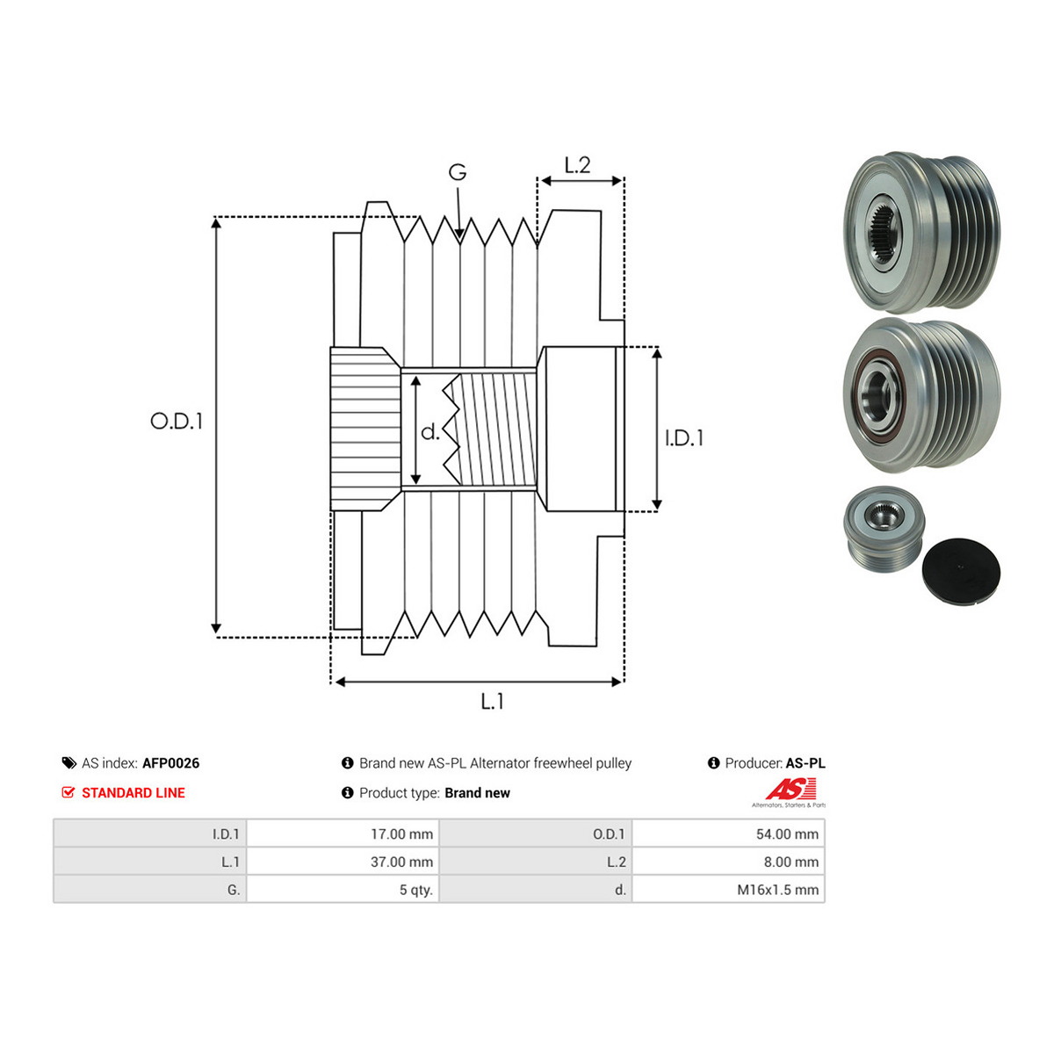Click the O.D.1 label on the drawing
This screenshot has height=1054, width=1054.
pyautogui.click(x=177, y=421)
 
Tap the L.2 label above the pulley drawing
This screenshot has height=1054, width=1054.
pyautogui.click(x=577, y=164)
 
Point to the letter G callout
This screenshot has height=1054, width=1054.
pyautogui.click(x=458, y=172)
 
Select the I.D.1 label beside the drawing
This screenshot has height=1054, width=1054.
pyautogui.click(x=683, y=438)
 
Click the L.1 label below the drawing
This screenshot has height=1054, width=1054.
pyautogui.click(x=492, y=701)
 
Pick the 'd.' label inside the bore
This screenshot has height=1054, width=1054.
pyautogui.click(x=430, y=432)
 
